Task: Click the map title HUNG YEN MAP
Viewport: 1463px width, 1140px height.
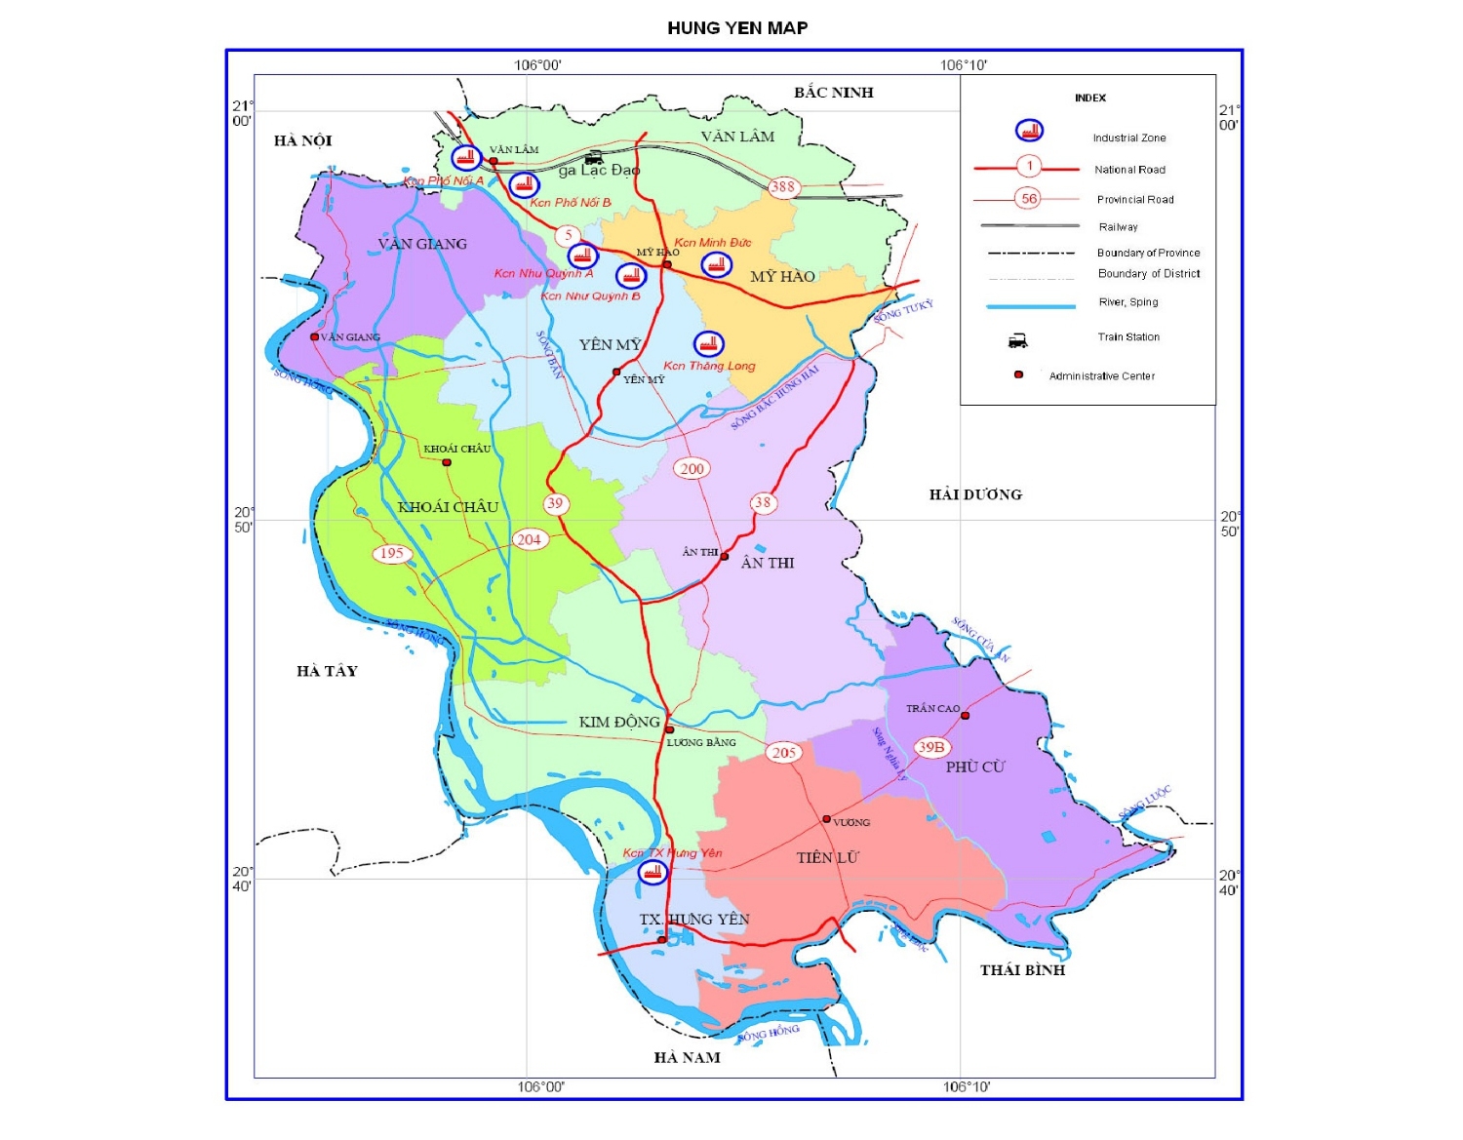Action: [x=737, y=28]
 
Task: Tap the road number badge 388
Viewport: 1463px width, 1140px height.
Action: [x=783, y=187]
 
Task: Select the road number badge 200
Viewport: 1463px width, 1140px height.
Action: [x=692, y=469]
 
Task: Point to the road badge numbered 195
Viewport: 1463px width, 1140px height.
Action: [x=392, y=554]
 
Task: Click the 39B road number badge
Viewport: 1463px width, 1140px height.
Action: [x=931, y=747]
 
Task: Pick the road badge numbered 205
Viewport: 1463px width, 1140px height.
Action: [x=784, y=753]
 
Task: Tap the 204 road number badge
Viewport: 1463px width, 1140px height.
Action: [x=529, y=539]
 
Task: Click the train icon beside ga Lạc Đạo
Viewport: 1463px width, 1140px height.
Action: [x=593, y=157]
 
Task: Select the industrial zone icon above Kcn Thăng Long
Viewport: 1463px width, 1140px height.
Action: [x=708, y=344]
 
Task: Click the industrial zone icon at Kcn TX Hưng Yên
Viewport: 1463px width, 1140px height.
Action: [x=652, y=872]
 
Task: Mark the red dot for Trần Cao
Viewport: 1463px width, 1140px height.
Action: [x=965, y=716]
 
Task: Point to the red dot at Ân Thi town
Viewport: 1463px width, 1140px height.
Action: [x=724, y=557]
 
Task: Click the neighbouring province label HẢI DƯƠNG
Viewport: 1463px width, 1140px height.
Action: [x=975, y=495]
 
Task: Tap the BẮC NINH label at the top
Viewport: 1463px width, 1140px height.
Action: [x=833, y=93]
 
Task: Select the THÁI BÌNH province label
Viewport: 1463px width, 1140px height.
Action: [x=1022, y=970]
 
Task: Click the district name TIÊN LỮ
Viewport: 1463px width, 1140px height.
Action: [x=827, y=858]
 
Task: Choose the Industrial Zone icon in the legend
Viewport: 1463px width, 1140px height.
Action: [x=1029, y=131]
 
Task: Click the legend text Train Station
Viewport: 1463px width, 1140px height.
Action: [x=1128, y=337]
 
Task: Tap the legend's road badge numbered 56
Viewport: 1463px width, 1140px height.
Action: [x=1028, y=199]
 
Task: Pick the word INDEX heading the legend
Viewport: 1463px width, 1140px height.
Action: [x=1090, y=98]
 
